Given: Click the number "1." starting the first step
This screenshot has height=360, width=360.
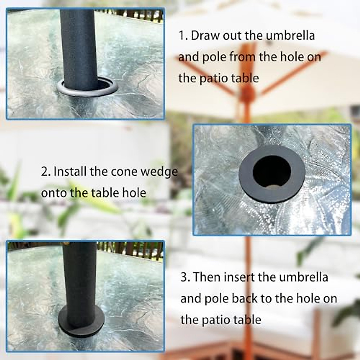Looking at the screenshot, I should coord(183,36).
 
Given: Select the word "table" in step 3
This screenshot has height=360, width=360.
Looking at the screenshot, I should coord(246,320).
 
